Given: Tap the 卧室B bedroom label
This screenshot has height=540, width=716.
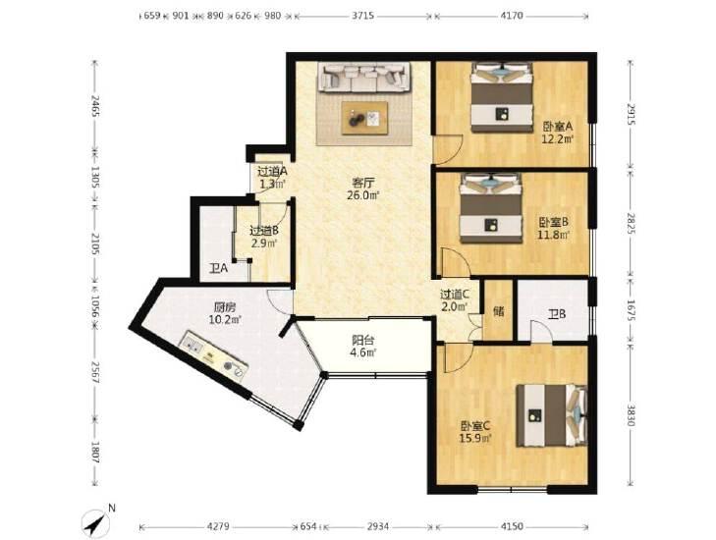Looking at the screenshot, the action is coord(553,222).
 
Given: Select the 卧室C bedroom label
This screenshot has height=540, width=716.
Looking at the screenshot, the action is coord(475,426).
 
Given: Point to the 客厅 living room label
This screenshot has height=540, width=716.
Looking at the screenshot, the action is coord(363,183).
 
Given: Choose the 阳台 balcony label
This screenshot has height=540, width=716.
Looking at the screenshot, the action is coord(363,340).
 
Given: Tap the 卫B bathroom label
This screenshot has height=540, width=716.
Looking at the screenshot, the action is coord(557,314).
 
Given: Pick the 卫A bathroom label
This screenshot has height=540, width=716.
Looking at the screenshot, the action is coord(218,268).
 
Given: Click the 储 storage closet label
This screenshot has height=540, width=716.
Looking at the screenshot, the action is coord(499,311).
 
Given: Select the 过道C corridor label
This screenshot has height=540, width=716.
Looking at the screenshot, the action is coord(455,295).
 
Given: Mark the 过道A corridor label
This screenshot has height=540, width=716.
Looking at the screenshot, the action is coord(272,172).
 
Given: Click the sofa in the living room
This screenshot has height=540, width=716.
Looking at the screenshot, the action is coord(364,77).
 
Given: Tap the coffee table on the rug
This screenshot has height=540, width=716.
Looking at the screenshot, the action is coord(364,118).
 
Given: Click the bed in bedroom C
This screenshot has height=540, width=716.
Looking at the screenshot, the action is coord(552,415).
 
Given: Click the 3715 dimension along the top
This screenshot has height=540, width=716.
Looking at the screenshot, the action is coord(363,16).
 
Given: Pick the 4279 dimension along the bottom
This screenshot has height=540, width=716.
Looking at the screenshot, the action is coord(218,527).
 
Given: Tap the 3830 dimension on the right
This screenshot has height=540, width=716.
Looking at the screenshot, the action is coord(631,415).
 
